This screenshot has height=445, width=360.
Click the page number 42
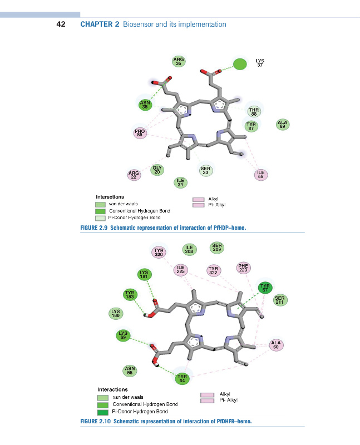click(x=61, y=24)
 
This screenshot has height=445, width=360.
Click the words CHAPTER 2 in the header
click(x=100, y=24)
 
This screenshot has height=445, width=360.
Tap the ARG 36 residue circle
click(x=179, y=62)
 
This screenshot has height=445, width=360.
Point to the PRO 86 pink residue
click(x=140, y=132)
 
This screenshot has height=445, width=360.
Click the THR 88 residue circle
click(x=254, y=111)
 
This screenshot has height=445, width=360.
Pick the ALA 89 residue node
click(x=283, y=125)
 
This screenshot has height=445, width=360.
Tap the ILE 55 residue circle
click(x=260, y=175)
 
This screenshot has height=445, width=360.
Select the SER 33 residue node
click(x=205, y=171)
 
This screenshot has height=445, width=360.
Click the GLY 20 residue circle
click(x=157, y=170)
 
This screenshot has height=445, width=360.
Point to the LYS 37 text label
click(x=260, y=63)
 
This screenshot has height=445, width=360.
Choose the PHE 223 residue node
click(x=243, y=268)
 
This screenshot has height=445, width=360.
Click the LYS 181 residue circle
click(x=145, y=274)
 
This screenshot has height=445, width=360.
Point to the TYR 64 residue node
click(x=183, y=378)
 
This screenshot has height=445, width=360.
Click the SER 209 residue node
click(x=217, y=247)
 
